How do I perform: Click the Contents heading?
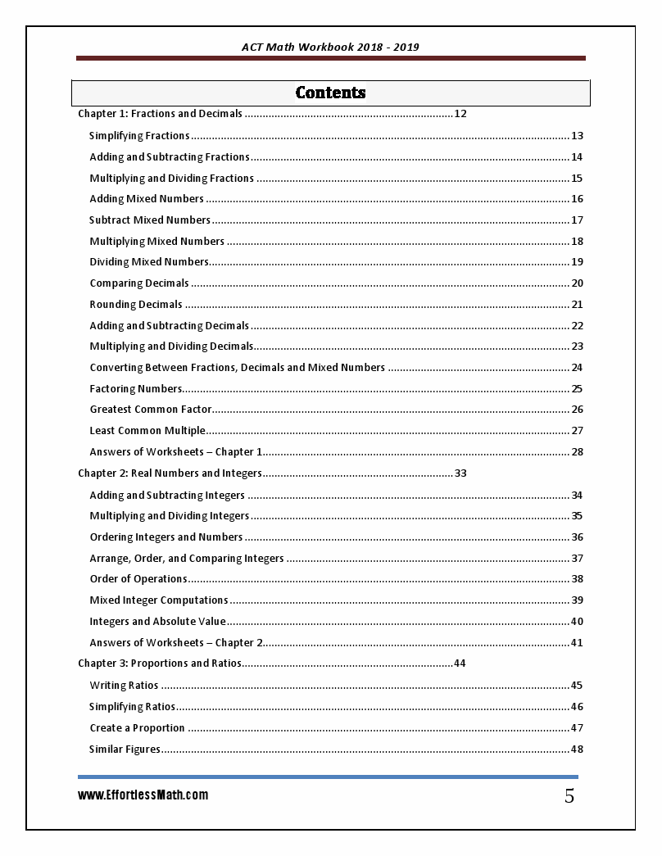[x=330, y=93]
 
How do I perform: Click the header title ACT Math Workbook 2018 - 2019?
[x=330, y=47]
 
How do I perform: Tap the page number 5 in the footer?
[x=569, y=796]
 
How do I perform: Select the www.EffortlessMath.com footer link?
[x=143, y=795]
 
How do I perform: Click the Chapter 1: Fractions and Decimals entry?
[x=160, y=114]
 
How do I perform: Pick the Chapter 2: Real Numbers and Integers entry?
[x=170, y=473]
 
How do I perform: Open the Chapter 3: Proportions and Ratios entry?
[x=159, y=664]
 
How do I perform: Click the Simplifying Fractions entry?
[x=139, y=136]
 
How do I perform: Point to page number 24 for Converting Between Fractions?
[x=577, y=368]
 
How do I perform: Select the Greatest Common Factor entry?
[x=151, y=410]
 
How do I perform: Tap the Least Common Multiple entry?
[x=147, y=431]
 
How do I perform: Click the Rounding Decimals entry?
[x=136, y=305]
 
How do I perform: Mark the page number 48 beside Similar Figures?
[x=577, y=750]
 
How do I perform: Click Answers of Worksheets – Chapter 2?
[x=176, y=643]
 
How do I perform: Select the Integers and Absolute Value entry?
[x=157, y=622]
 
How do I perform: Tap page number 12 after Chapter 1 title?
[x=460, y=114]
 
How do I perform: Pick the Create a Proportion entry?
[x=137, y=728]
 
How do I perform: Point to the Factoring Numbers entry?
[x=135, y=389]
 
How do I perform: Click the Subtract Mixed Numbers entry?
[x=150, y=220]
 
